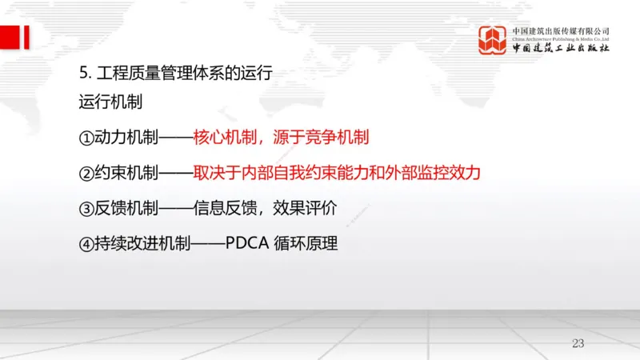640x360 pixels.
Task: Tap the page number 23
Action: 579,343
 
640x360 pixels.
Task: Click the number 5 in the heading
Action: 83,74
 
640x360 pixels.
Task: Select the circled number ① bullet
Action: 86,138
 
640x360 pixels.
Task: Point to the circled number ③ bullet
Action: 86,209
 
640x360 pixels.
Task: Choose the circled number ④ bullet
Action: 86,244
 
